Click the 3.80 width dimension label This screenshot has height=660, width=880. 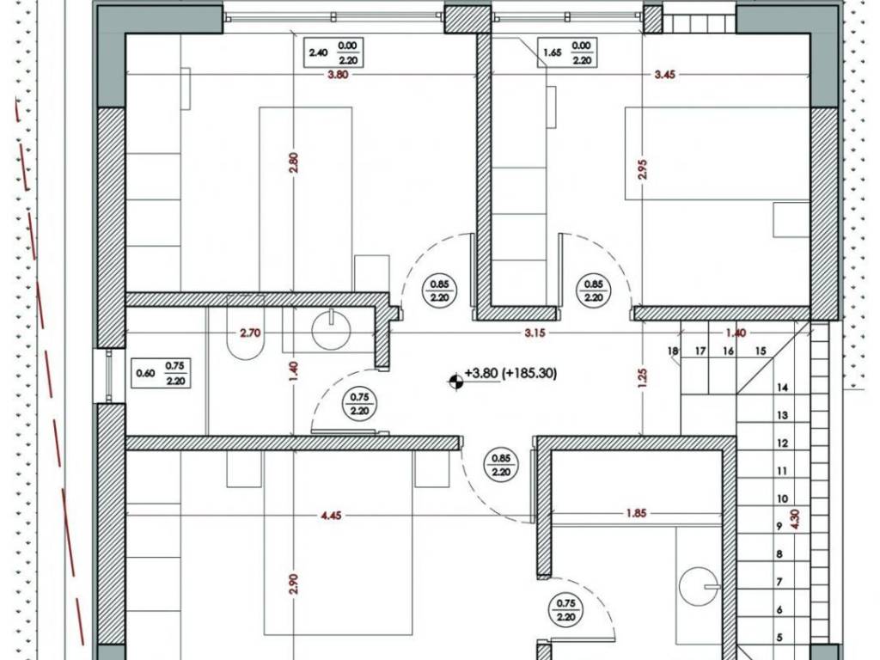tap(337, 75)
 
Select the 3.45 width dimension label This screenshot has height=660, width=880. tap(664, 75)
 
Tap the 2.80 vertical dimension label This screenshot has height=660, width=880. tap(294, 162)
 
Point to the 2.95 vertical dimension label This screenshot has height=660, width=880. tap(643, 169)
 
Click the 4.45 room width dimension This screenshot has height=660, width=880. tap(331, 516)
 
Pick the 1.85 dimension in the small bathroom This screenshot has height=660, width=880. tap(636, 513)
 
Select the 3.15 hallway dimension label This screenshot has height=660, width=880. tap(535, 333)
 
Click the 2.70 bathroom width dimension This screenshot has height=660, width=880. tap(250, 333)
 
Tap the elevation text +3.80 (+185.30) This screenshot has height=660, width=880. tap(510, 373)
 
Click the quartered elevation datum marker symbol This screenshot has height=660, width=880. tap(455, 382)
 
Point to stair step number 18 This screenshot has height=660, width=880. tap(673, 351)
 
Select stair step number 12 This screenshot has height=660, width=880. tap(782, 443)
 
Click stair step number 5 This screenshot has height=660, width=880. tap(779, 638)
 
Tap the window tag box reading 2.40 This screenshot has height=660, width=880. tap(333, 52)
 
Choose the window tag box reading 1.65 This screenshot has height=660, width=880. tap(567, 52)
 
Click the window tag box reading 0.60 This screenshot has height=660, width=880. tap(161, 373)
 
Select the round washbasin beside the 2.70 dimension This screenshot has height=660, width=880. tap(331, 331)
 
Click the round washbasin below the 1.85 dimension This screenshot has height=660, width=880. tap(699, 586)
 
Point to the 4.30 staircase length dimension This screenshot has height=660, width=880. tap(794, 520)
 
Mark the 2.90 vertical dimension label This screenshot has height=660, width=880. tap(296, 584)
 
